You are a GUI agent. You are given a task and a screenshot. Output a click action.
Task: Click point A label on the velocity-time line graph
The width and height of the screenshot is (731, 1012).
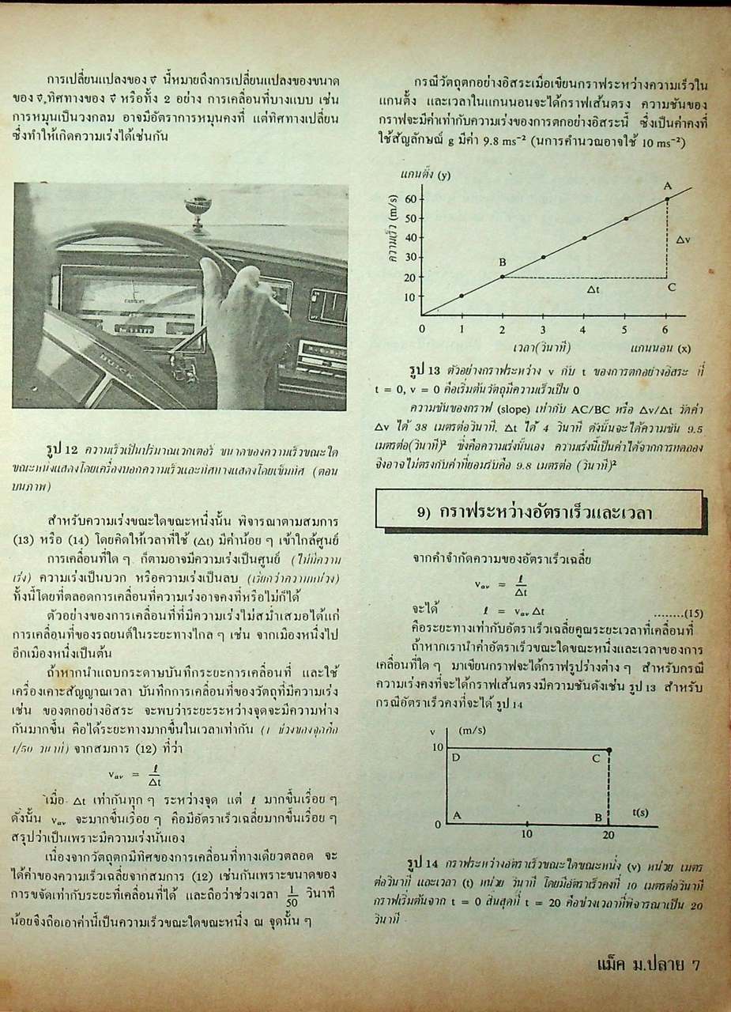coord(667,185)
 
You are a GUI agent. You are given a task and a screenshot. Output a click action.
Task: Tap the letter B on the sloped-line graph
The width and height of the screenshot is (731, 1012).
coord(501,262)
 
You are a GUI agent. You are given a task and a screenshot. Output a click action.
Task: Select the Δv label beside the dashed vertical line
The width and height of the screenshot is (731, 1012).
coord(683,237)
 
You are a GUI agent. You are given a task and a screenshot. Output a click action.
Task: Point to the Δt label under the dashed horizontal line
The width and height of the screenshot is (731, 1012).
coord(594,289)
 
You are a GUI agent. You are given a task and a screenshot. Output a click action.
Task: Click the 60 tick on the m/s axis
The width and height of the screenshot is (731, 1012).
coord(409,198)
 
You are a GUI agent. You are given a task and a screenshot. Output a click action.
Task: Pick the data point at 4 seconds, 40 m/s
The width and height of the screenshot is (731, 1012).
coord(585,237)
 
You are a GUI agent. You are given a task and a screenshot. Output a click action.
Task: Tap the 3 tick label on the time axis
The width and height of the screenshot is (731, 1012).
coord(543,329)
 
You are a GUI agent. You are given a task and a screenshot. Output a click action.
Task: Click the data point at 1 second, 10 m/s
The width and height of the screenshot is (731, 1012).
coord(462,296)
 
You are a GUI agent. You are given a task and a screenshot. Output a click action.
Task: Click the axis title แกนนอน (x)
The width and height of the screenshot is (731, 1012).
coord(661,347)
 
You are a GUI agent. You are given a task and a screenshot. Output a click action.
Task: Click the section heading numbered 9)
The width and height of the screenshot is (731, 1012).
coord(537,511)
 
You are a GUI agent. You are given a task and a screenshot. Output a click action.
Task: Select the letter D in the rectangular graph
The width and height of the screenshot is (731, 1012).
coord(456,758)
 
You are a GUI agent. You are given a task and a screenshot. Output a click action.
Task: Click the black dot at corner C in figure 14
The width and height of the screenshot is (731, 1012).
coord(609,749)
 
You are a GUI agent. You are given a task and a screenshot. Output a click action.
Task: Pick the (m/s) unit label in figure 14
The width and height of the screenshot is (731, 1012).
coord(472,731)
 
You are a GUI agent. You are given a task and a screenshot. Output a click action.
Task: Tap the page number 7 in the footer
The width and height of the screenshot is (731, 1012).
coord(695,964)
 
